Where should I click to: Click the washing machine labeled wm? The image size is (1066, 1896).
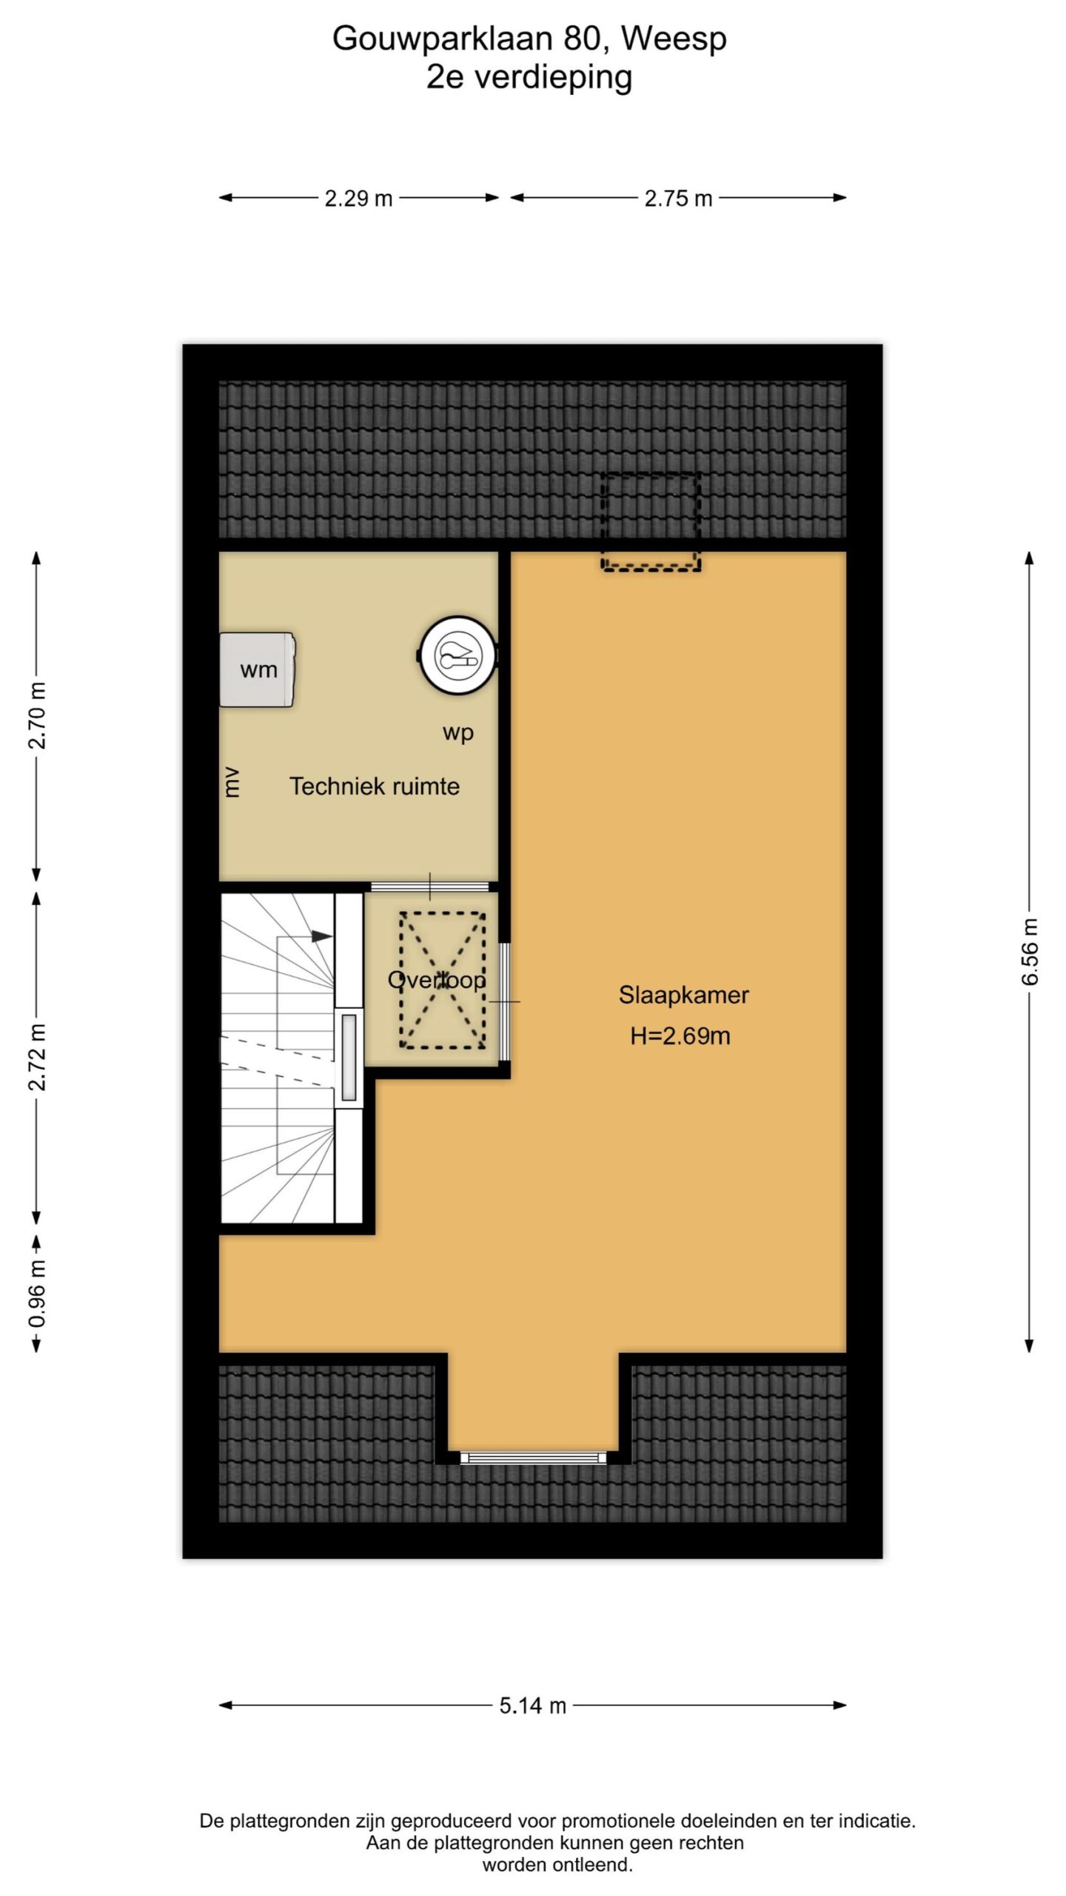(x=258, y=670)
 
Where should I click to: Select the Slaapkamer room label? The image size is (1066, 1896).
(x=683, y=995)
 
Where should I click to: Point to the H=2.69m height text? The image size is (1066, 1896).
(x=680, y=1035)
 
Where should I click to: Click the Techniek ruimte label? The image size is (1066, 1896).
(x=374, y=786)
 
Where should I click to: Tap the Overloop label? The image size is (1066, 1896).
(x=437, y=980)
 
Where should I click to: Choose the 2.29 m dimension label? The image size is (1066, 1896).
(x=358, y=198)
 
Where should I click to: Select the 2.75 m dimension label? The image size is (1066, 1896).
(x=678, y=198)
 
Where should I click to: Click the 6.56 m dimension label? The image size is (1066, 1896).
(x=1030, y=952)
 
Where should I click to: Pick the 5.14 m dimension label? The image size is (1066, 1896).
(x=532, y=1705)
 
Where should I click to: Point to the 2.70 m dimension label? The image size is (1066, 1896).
(x=36, y=715)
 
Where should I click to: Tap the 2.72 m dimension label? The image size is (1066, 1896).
(x=36, y=1058)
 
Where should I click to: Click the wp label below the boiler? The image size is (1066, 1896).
(x=458, y=733)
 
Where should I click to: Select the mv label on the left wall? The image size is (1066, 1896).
(x=232, y=782)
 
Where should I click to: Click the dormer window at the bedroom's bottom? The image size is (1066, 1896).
(x=533, y=1458)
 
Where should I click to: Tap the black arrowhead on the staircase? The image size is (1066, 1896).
(x=322, y=936)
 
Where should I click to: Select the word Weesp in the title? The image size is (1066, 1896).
(x=674, y=39)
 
